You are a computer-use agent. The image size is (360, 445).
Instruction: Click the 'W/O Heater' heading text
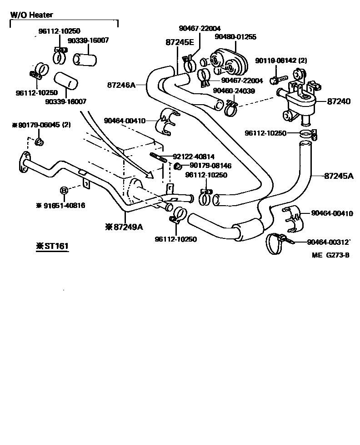pyautogui.click(x=31, y=15)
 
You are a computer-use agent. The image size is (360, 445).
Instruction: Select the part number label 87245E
pyautogui.click(x=180, y=42)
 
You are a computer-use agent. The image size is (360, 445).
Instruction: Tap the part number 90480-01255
pyautogui.click(x=235, y=36)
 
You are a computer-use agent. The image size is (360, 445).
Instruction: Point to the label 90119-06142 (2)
pyautogui.click(x=281, y=60)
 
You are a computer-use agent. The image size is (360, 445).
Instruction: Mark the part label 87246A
pyautogui.click(x=122, y=85)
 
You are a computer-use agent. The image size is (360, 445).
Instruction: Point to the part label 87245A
pyautogui.click(x=339, y=175)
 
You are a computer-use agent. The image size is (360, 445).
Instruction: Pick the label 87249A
pyautogui.click(x=124, y=227)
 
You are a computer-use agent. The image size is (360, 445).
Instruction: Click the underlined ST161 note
pyautogui.click(x=52, y=246)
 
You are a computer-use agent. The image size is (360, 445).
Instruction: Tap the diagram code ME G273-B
pyautogui.click(x=330, y=255)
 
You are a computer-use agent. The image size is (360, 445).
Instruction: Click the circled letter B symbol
pyautogui.click(x=64, y=190)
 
